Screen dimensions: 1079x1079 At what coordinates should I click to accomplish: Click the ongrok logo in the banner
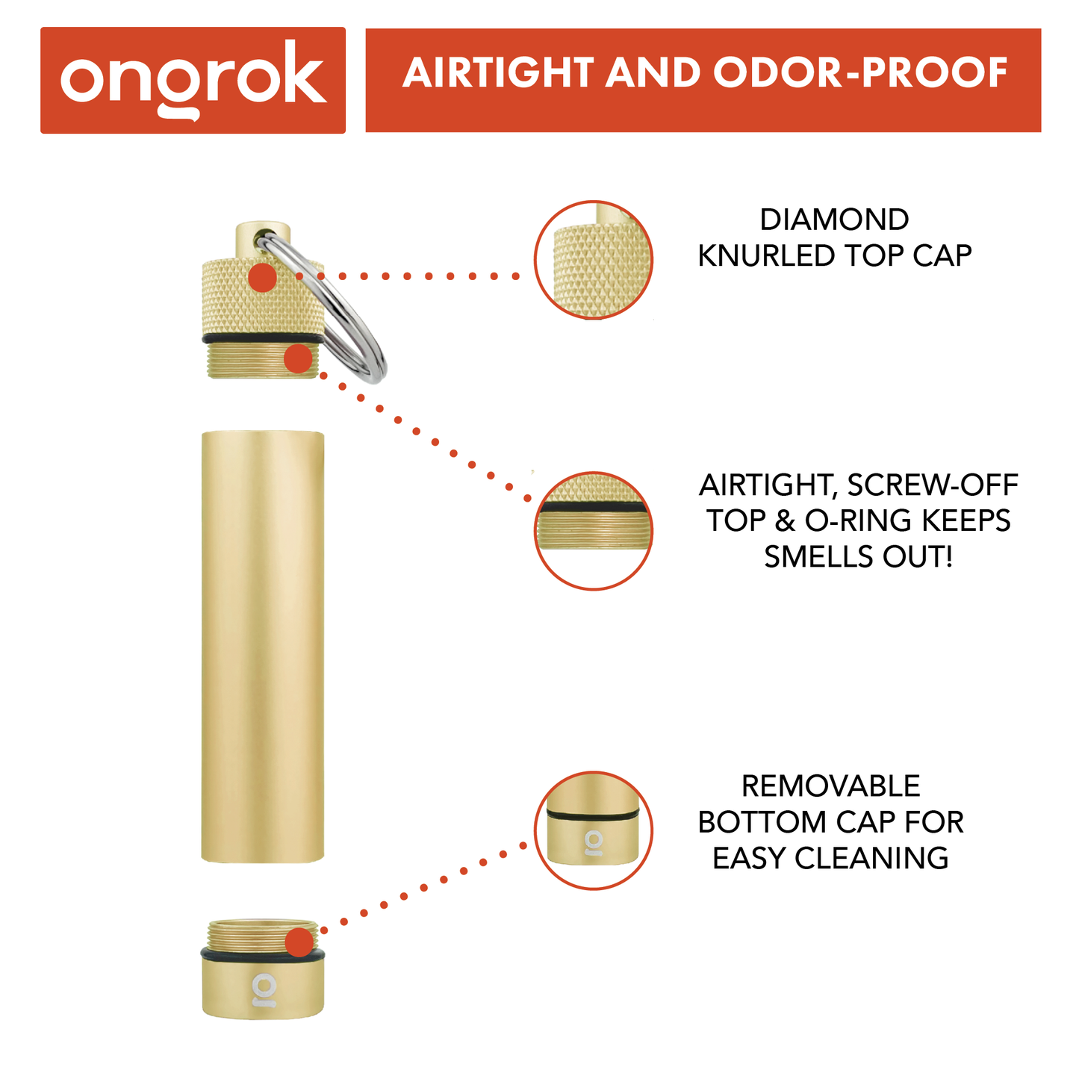[x=193, y=80]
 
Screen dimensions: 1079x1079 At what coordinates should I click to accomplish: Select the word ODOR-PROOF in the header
[x=859, y=73]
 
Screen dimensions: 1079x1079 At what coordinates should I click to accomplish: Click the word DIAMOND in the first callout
[x=834, y=220]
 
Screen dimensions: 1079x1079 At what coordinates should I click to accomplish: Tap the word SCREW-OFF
[x=933, y=485]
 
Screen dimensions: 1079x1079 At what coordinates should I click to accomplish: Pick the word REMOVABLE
[x=830, y=786]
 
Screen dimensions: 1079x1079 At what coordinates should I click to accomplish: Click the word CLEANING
[x=871, y=859]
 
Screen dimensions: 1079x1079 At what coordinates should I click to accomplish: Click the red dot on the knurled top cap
[x=263, y=277]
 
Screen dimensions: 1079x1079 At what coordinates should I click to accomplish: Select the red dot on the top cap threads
[x=298, y=359]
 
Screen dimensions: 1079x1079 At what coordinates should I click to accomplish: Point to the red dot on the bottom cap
[x=299, y=942]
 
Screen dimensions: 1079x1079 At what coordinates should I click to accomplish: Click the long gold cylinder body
[x=263, y=646]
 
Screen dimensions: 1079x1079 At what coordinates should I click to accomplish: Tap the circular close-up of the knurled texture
[x=594, y=260]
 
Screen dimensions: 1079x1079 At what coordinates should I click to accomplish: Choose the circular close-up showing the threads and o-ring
[x=594, y=531]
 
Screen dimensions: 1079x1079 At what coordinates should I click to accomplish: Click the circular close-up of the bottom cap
[x=594, y=830]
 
